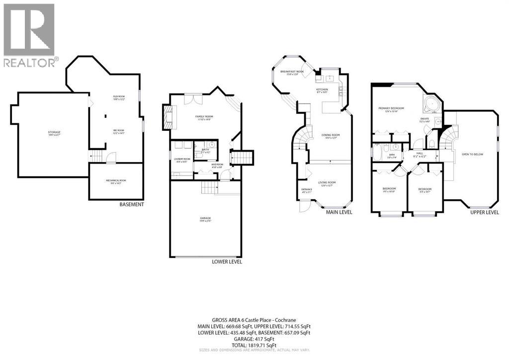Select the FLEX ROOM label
pyautogui.click(x=118, y=96)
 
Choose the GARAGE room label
pyautogui.click(x=205, y=218)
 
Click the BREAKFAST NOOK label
pyautogui.click(x=292, y=72)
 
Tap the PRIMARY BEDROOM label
pyautogui.click(x=391, y=108)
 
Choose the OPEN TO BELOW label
pyautogui.click(x=472, y=154)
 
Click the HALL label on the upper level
pyautogui.click(x=420, y=153)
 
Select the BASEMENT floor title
pyautogui.click(x=132, y=204)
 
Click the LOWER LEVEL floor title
pyautogui.click(x=227, y=262)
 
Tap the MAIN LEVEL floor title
pyautogui.click(x=339, y=212)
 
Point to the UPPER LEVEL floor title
pyautogui.click(x=485, y=212)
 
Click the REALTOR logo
pyautogui.click(x=29, y=35)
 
